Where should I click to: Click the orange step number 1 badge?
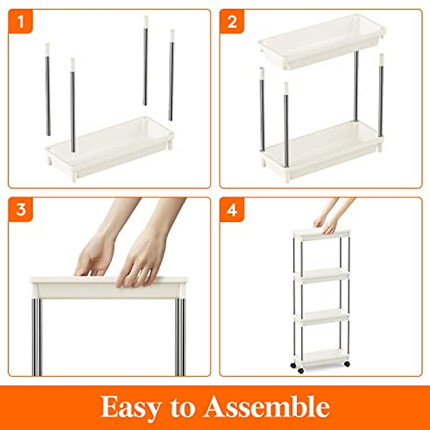[x=20, y=21]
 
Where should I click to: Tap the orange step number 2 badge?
[x=232, y=21]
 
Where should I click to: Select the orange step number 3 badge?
[x=20, y=209]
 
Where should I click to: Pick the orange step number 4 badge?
[x=232, y=209]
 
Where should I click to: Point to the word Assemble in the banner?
[x=267, y=407]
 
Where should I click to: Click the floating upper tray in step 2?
[x=321, y=41]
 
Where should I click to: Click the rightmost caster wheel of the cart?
[x=347, y=364]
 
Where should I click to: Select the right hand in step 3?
[x=143, y=260]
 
